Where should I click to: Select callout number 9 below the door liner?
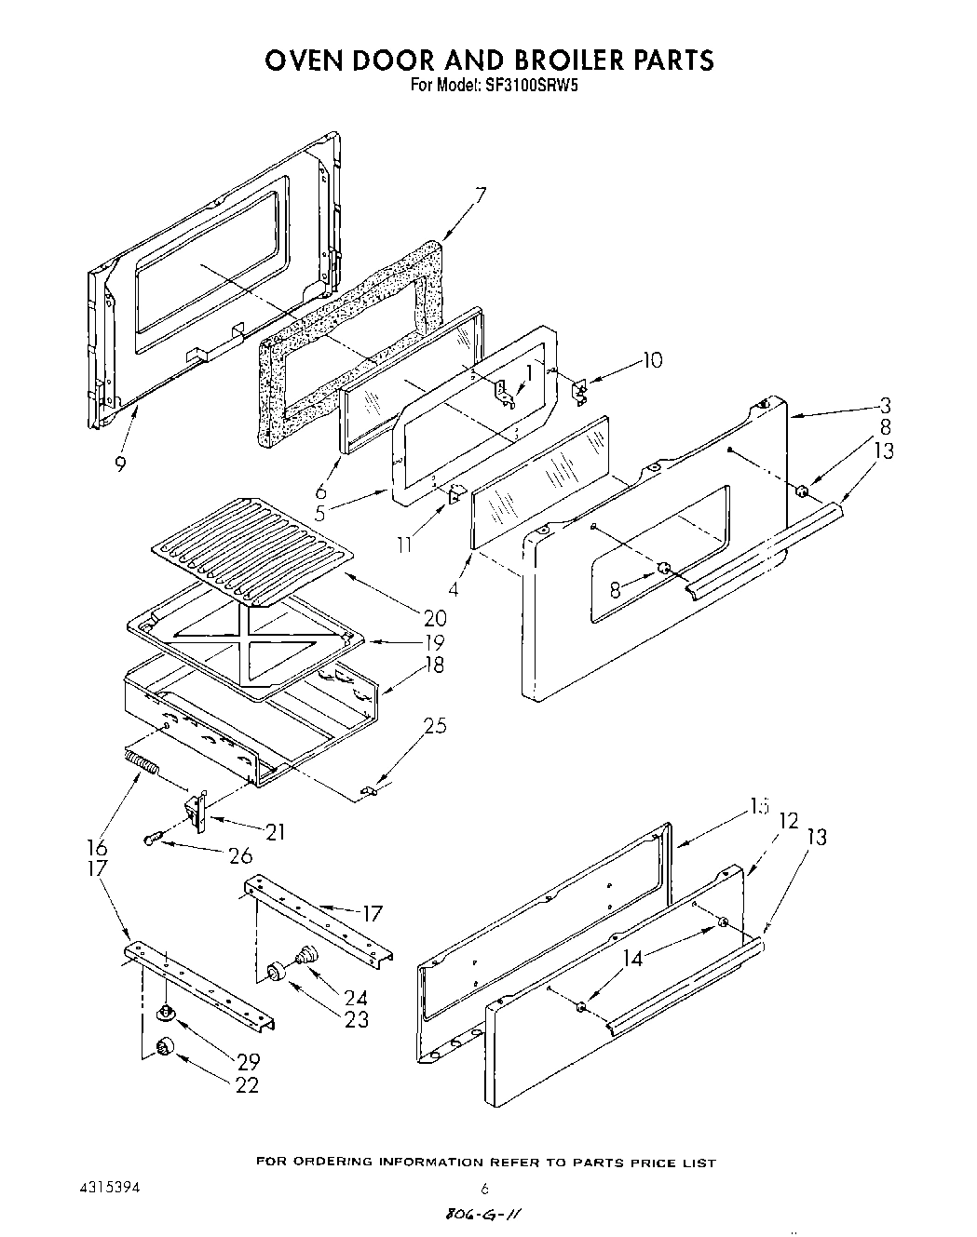[x=120, y=463]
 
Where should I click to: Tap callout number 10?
[x=653, y=359]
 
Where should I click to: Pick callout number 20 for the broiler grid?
[x=434, y=617]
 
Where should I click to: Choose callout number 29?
[x=247, y=1061]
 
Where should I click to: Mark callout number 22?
[x=247, y=1084]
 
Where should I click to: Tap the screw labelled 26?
[x=151, y=840]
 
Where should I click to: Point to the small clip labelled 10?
[x=579, y=388]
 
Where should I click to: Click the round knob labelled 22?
[x=165, y=1048]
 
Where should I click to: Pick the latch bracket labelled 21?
[x=197, y=812]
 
